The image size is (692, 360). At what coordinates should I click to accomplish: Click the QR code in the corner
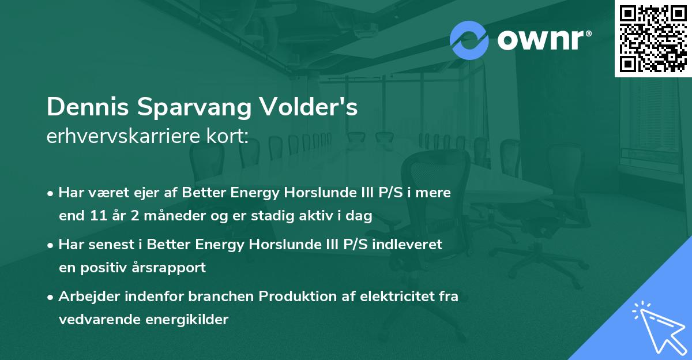tap(653, 38)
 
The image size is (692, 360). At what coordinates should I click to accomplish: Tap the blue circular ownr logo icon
tap(469, 40)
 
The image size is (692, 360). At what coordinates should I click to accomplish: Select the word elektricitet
tap(393, 297)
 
